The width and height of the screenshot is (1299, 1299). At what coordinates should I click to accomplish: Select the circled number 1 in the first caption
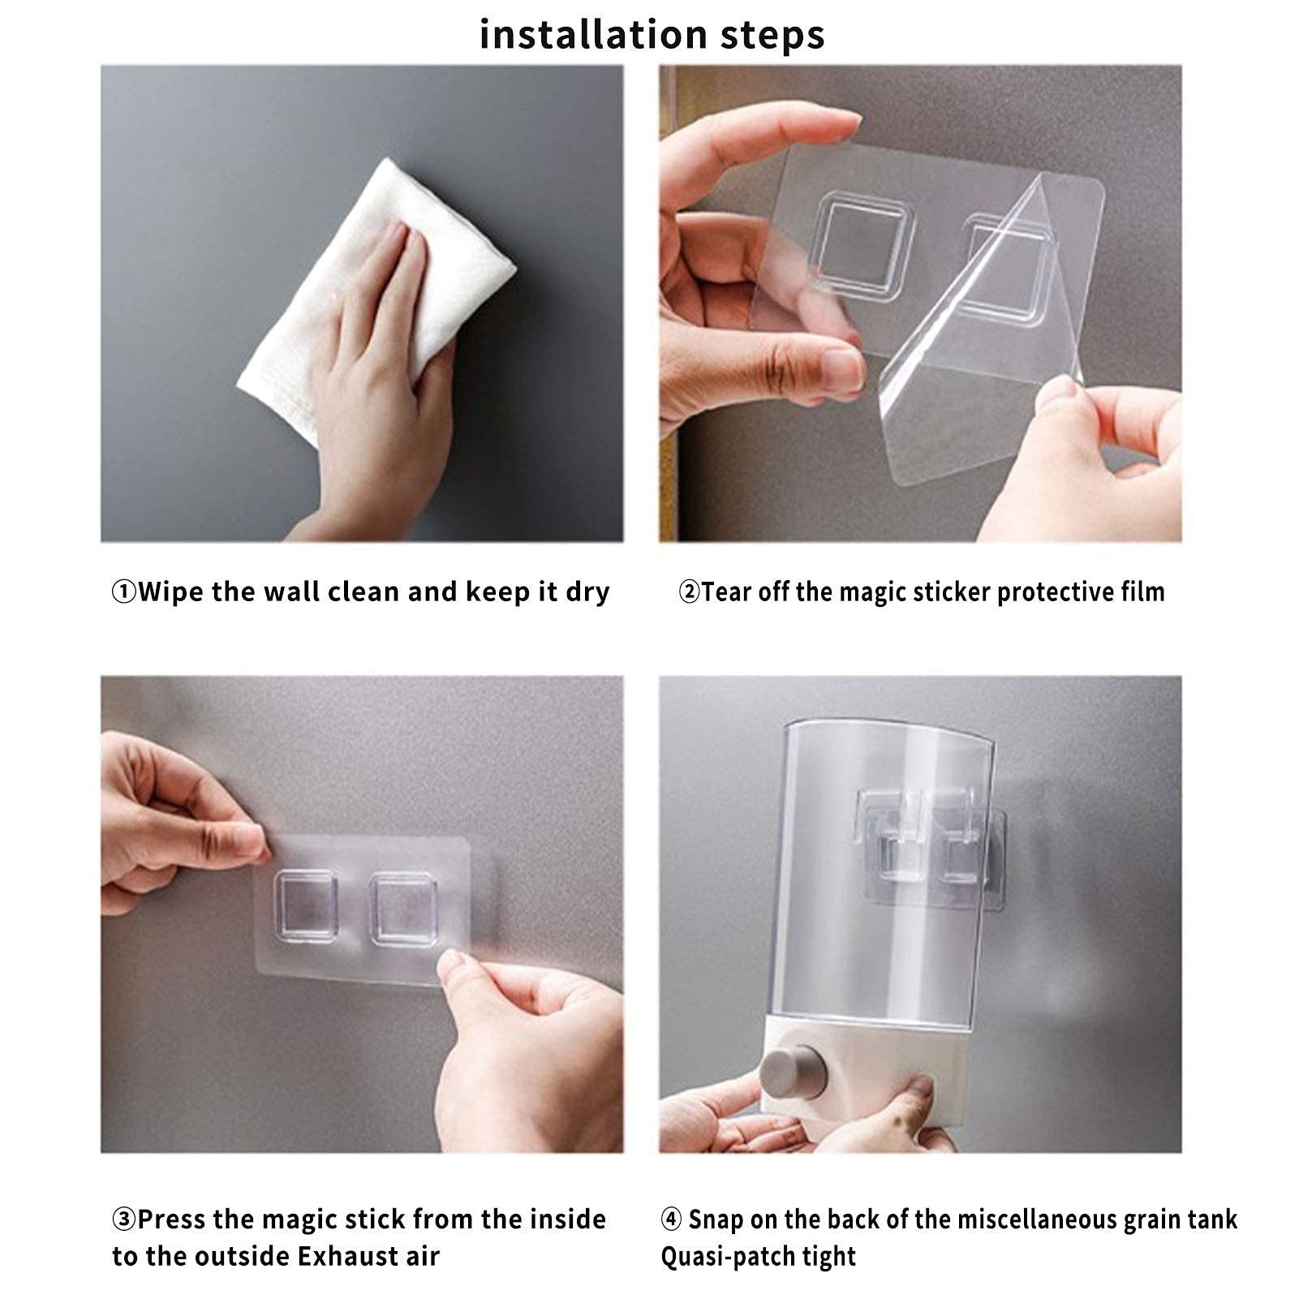123,592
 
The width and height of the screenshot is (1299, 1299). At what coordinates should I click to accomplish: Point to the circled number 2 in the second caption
689,592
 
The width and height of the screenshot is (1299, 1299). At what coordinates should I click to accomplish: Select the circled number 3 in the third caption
123,1219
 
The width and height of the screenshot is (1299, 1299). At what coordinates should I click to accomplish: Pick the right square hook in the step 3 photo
403,908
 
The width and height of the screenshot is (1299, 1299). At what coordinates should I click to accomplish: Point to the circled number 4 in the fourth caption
671,1219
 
